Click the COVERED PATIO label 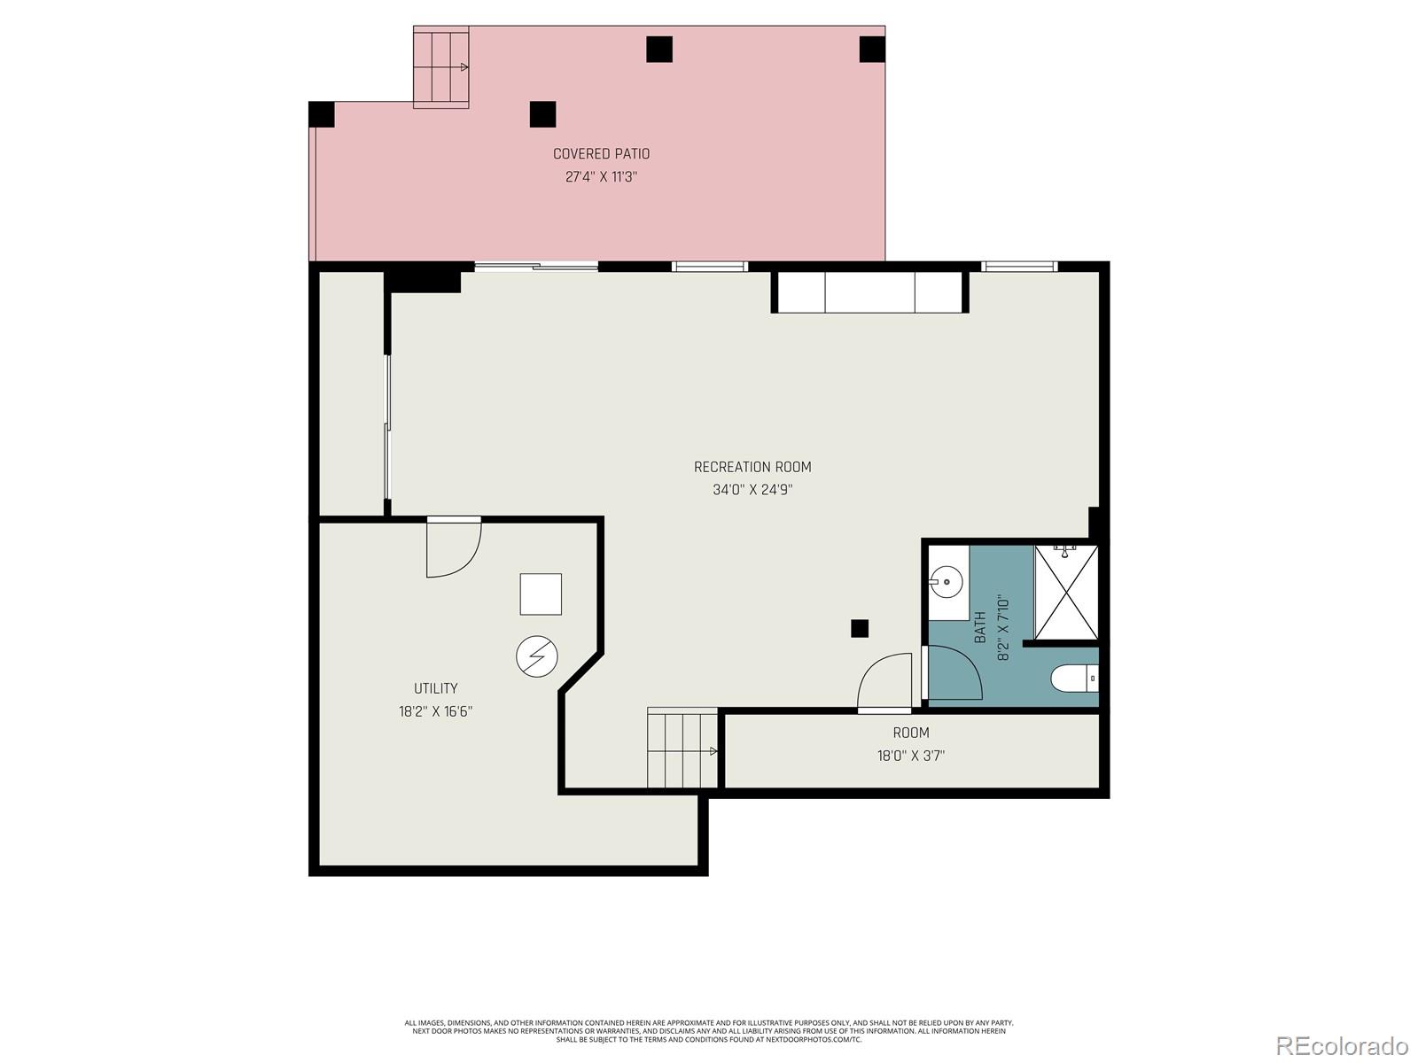click(601, 154)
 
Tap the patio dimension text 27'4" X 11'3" click(601, 177)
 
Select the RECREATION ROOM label click(752, 467)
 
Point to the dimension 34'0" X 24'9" click(752, 490)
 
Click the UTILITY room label click(435, 688)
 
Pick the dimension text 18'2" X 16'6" click(435, 711)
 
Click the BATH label click(980, 627)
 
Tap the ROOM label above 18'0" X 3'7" click(910, 733)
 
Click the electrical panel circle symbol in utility click(537, 656)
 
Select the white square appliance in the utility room click(540, 594)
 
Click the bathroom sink click(947, 583)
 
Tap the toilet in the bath click(1073, 679)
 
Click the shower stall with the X click(1066, 592)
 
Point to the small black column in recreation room click(859, 628)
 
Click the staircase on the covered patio click(440, 67)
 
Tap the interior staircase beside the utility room click(682, 748)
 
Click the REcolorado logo click(1343, 1045)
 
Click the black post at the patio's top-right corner click(872, 50)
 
